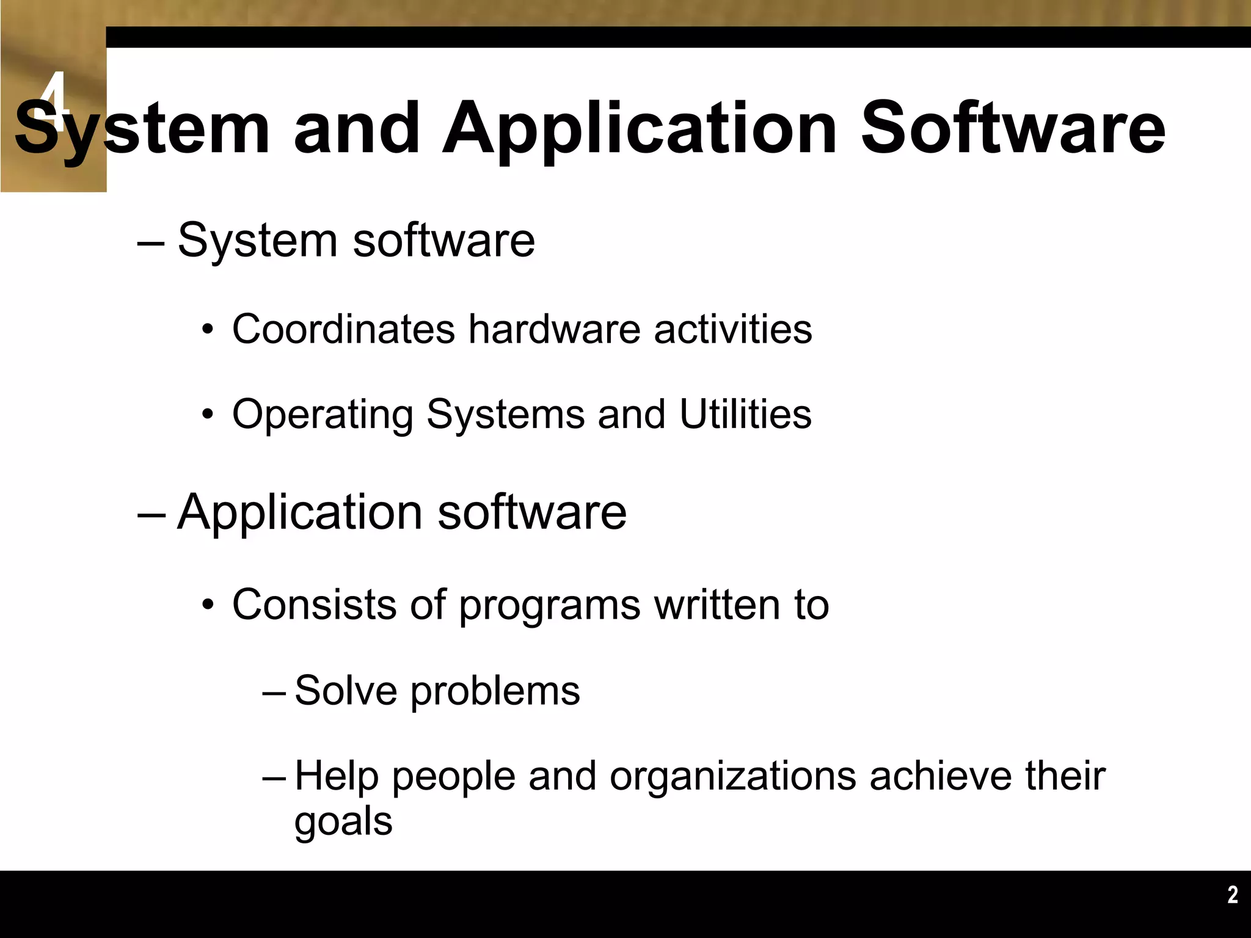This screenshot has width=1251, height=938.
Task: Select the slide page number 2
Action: click(1233, 895)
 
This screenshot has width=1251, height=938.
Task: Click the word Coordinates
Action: click(343, 329)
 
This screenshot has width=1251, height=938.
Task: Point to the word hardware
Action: click(555, 329)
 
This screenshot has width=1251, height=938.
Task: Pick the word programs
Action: click(549, 606)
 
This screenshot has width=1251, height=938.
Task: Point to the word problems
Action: click(495, 693)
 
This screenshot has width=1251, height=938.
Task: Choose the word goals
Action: click(343, 823)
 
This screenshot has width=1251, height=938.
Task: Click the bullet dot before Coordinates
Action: click(208, 331)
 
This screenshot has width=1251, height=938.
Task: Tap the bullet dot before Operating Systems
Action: click(208, 416)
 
